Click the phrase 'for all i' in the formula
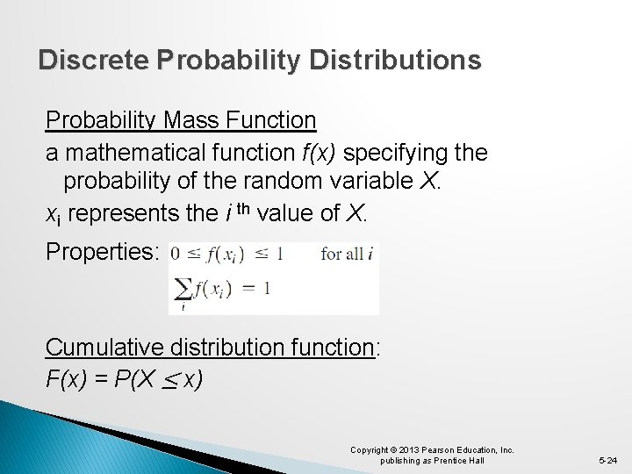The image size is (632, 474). click(x=348, y=254)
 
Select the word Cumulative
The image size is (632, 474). click(x=107, y=348)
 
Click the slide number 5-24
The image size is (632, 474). click(x=607, y=460)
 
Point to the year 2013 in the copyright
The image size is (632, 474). click(x=409, y=450)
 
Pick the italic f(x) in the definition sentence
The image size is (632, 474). click(x=318, y=153)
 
